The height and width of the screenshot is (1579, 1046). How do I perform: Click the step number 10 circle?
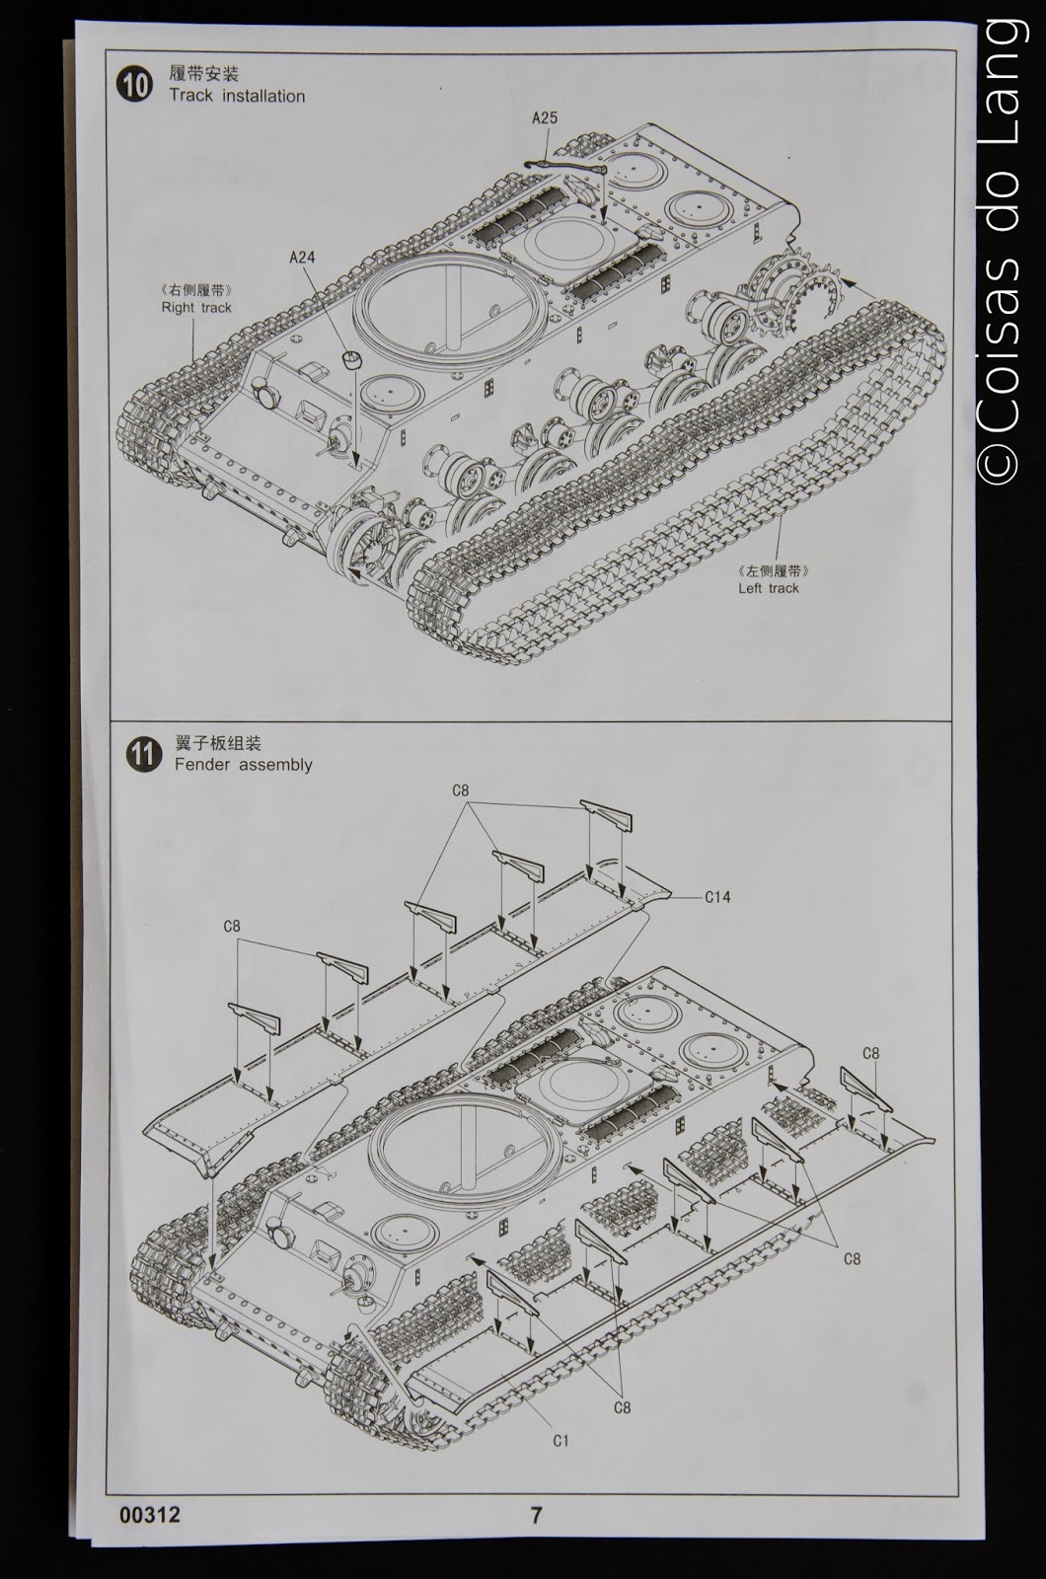(135, 85)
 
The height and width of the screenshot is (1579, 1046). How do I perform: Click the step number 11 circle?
(143, 755)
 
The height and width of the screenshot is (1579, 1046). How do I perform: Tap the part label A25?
(544, 117)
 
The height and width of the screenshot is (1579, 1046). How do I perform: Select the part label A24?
(302, 258)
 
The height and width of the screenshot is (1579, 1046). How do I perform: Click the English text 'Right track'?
(196, 307)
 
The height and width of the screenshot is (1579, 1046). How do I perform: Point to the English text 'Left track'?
(769, 587)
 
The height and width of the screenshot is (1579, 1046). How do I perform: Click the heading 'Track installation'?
(237, 96)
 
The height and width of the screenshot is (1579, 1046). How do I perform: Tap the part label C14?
(717, 897)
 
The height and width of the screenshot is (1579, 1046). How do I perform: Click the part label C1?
(560, 1440)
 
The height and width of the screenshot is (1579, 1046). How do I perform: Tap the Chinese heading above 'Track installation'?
(204, 74)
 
